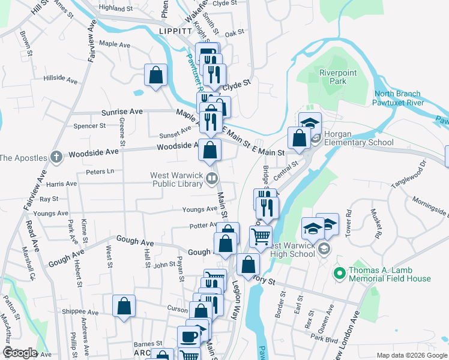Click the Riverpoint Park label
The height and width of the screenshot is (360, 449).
[x=334, y=77]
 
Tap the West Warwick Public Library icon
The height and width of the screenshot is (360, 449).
[x=211, y=178]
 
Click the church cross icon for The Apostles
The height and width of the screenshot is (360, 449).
[x=56, y=158]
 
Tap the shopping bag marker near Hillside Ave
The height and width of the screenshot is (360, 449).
[x=155, y=76]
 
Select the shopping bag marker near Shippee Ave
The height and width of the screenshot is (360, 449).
[x=124, y=306]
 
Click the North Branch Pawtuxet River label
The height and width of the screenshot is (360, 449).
[x=399, y=98]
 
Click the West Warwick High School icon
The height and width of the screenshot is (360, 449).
[x=324, y=248]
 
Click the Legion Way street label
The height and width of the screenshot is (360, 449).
[x=236, y=296]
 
